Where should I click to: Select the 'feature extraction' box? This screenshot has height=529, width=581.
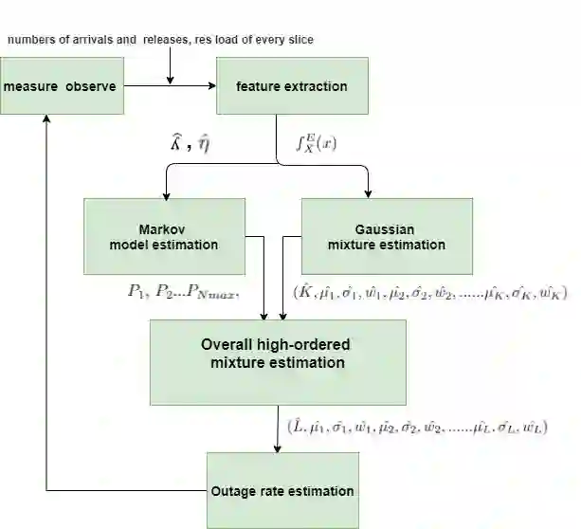click(x=291, y=87)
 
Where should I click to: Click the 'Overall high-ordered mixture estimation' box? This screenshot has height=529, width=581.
click(x=278, y=354)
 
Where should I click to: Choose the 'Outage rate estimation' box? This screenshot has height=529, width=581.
click(x=282, y=491)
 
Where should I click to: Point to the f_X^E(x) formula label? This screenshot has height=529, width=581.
click(x=318, y=145)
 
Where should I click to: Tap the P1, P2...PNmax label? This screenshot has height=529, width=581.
click(x=184, y=292)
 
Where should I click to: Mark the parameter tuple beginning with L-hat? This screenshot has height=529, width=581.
click(x=417, y=427)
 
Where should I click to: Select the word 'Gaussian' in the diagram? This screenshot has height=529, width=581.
click(x=385, y=229)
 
